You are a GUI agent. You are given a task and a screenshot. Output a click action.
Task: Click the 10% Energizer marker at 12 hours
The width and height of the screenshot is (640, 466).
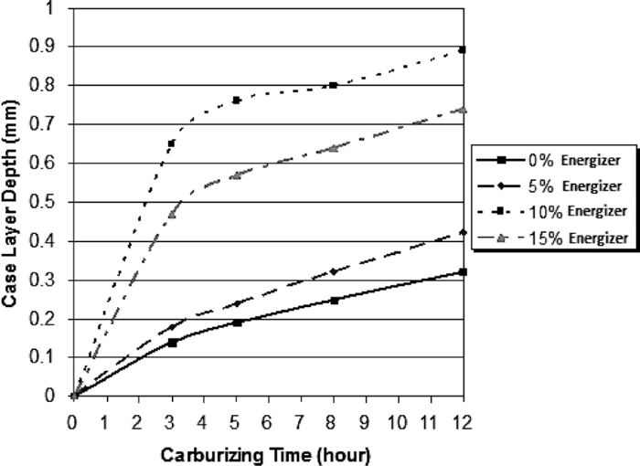click(x=463, y=49)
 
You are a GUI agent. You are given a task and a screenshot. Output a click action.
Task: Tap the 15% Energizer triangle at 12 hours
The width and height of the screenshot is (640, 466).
click(x=463, y=110)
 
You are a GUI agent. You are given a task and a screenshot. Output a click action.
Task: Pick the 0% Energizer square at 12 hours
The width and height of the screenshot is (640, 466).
click(x=463, y=271)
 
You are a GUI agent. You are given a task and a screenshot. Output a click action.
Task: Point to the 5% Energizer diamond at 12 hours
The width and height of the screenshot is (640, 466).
click(x=463, y=233)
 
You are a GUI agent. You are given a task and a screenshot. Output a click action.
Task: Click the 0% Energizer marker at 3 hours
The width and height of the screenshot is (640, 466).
click(x=171, y=342)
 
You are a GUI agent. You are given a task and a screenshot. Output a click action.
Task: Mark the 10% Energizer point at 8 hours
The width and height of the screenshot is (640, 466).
click(x=333, y=85)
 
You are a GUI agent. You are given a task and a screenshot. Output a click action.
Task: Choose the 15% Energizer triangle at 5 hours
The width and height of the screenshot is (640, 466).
click(x=236, y=175)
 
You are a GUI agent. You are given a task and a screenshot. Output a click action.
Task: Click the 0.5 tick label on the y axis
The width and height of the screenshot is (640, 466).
click(x=50, y=202)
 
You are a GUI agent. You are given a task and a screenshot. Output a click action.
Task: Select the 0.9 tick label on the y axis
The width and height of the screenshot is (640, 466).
click(x=50, y=47)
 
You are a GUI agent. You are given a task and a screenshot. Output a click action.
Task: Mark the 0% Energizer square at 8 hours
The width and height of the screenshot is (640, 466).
click(x=334, y=300)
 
